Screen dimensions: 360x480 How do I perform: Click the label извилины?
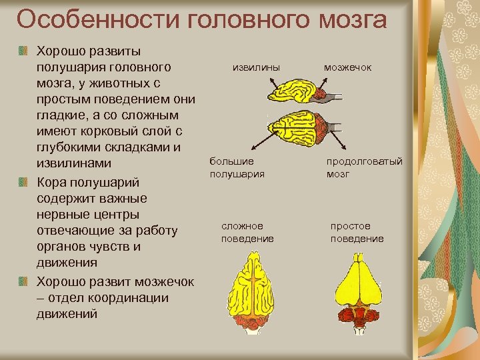click(x=256, y=67)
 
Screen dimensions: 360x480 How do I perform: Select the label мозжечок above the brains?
click(x=347, y=67)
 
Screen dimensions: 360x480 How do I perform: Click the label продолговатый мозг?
click(x=364, y=167)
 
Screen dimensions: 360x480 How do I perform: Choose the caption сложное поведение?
click(x=247, y=233)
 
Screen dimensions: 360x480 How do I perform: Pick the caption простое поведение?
click(x=357, y=233)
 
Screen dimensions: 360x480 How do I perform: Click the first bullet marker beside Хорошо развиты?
click(x=24, y=51)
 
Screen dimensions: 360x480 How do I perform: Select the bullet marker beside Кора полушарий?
click(x=24, y=183)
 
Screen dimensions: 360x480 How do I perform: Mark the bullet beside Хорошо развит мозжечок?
click(x=24, y=281)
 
